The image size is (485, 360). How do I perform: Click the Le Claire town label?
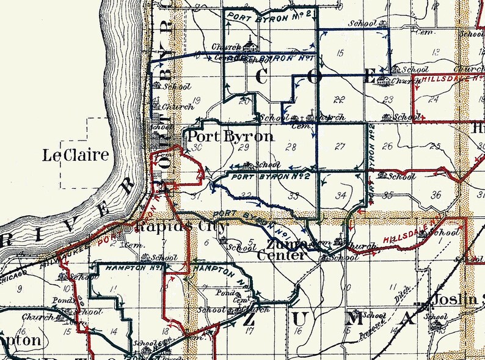point(76,155)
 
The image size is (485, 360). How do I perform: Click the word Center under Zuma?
point(280,255)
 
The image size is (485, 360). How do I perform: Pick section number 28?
point(291,147)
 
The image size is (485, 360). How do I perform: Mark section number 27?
point(340,146)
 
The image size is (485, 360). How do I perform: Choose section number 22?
point(340,99)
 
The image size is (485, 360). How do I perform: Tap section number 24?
point(434,99)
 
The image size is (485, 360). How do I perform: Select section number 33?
point(293,196)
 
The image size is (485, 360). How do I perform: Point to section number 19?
point(196,101)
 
